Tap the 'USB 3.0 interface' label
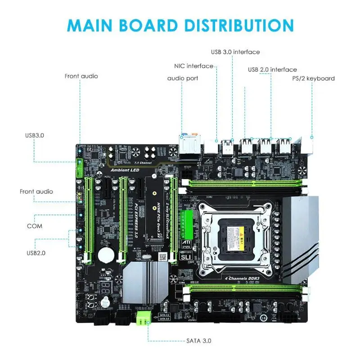[x=235, y=52]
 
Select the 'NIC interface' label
[x=193, y=66]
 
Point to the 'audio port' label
[x=183, y=78]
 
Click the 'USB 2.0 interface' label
[x=272, y=69]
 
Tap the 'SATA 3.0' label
[x=198, y=341]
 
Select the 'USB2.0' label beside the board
[x=36, y=253]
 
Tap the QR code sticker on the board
[x=164, y=255]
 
